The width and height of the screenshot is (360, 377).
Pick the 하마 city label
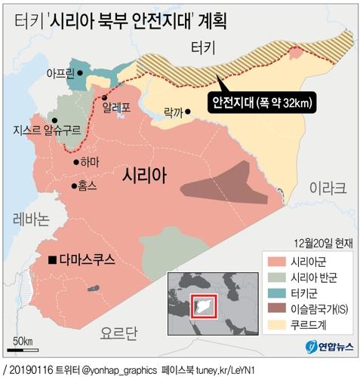click(90, 161)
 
